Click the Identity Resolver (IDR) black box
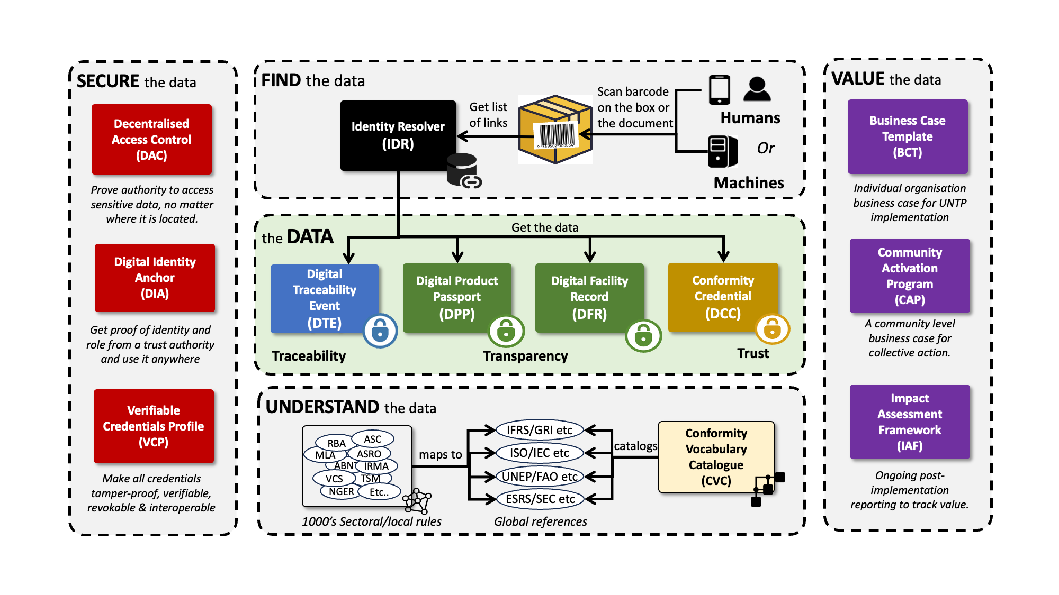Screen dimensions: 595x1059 pos(398,135)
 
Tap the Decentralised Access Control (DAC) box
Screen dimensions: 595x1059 pos(151,139)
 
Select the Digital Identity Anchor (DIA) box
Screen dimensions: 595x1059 pos(155,278)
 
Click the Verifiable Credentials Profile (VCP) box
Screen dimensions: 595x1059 pos(154,426)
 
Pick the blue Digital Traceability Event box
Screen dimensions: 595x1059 pos(324,298)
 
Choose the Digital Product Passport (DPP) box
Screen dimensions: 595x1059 pos(456,297)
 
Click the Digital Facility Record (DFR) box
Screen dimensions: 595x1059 pos(589,297)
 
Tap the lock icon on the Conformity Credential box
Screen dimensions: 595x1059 pos(772,329)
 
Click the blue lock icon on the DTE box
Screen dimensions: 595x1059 pos(380,331)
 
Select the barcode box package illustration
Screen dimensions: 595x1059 pos(555,130)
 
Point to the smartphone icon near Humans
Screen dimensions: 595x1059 pos(719,89)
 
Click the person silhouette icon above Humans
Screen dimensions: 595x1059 pos(757,89)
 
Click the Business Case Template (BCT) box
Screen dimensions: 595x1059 pos(907,136)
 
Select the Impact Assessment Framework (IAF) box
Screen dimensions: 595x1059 pos(909,422)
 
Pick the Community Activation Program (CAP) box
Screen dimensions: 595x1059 pos(909,276)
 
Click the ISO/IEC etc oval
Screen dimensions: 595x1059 pos(539,453)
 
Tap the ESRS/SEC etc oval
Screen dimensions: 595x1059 pos(540,499)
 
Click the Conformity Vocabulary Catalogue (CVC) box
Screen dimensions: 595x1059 pos(716,456)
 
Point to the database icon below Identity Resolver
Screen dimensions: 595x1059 pos(462,170)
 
